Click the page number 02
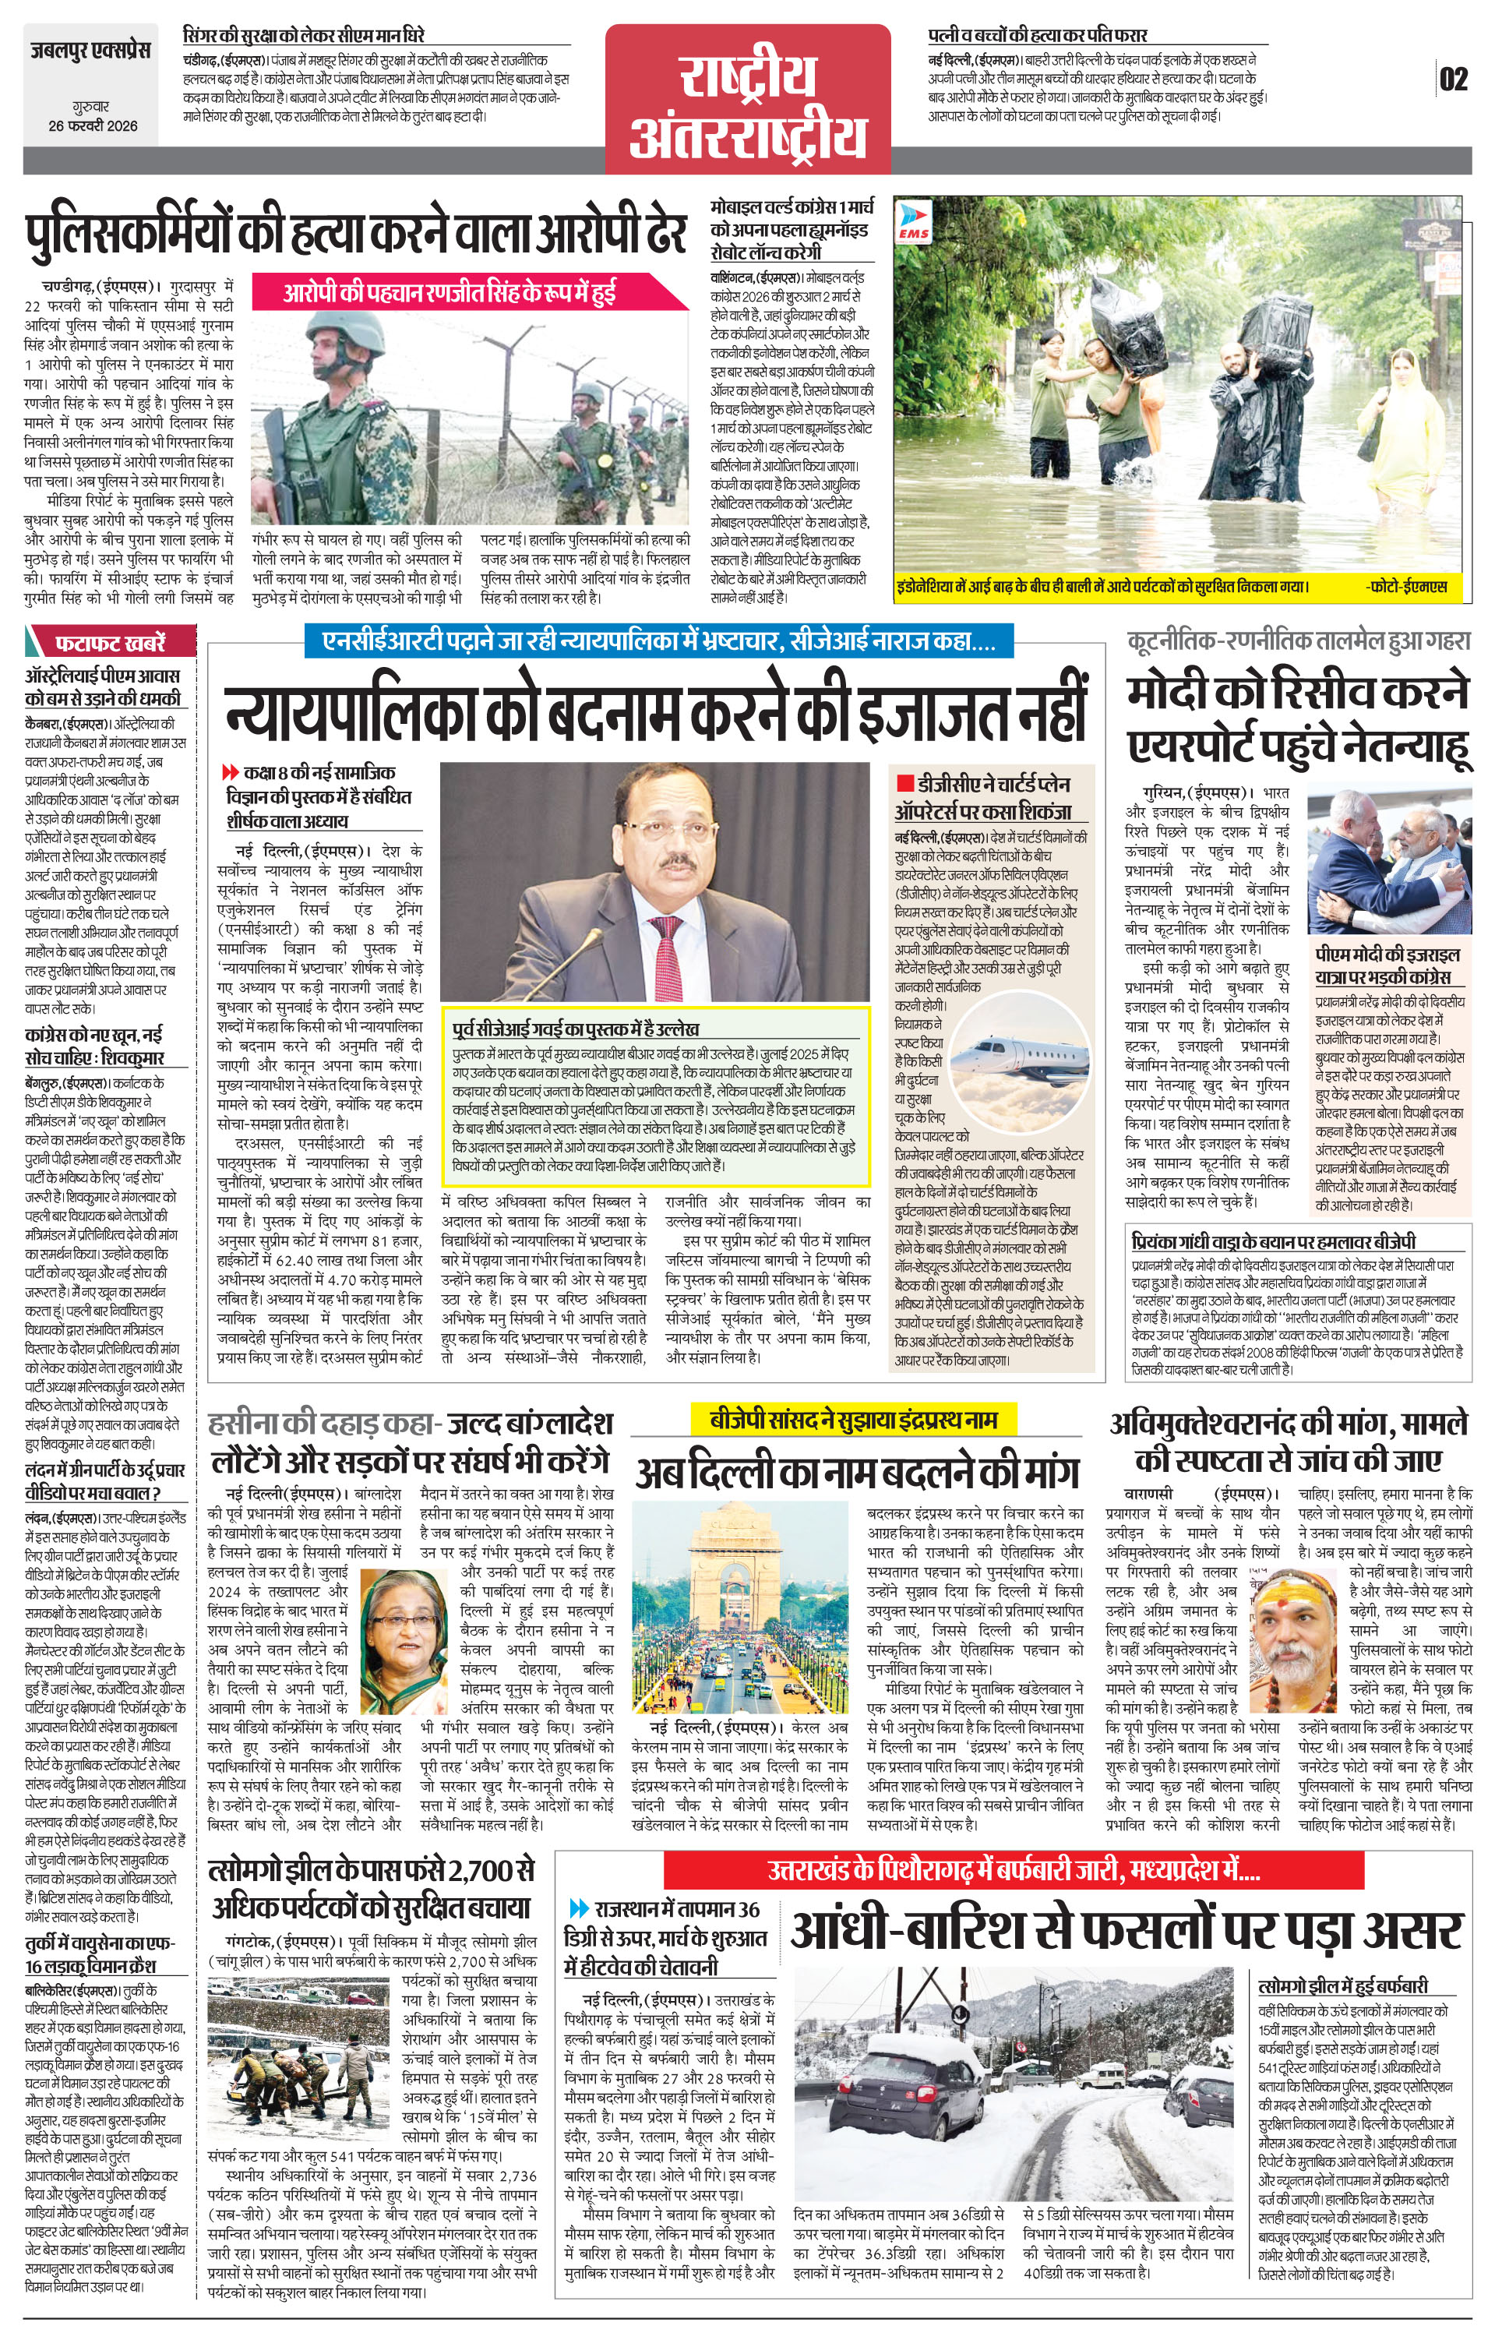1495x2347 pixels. coord(1452,79)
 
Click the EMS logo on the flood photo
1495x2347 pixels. coord(914,223)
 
